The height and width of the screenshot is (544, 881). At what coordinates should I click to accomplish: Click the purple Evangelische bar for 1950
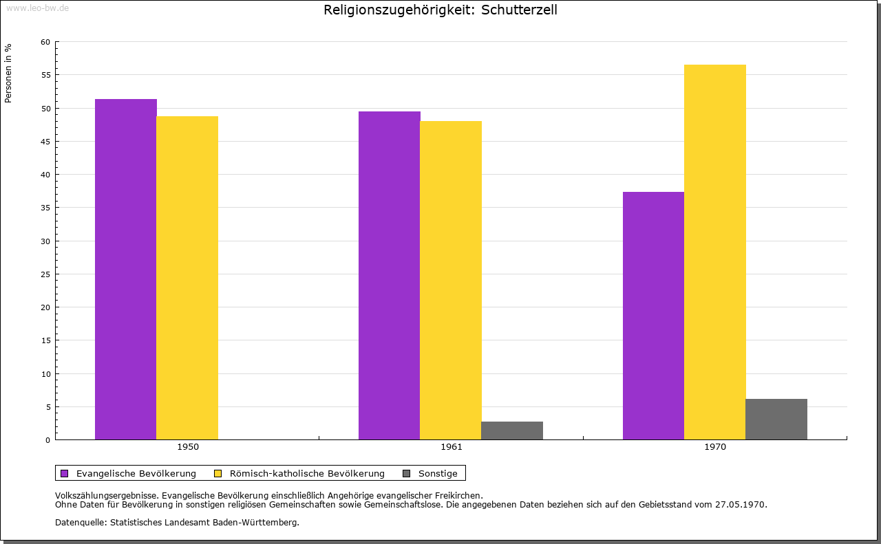(x=126, y=269)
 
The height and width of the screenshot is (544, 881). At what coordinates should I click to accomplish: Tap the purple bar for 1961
(x=390, y=275)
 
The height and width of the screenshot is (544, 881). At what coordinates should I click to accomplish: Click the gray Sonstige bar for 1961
(x=512, y=431)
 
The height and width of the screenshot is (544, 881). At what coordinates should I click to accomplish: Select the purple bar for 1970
(x=653, y=316)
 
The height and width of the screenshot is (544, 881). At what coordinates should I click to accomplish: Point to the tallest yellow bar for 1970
(x=714, y=252)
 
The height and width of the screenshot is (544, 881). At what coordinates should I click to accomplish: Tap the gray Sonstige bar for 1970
(x=776, y=419)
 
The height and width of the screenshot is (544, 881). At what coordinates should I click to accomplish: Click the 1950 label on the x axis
(x=188, y=447)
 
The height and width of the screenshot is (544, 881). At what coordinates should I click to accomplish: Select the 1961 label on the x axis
(x=452, y=447)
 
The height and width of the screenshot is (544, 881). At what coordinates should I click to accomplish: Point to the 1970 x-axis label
(x=715, y=447)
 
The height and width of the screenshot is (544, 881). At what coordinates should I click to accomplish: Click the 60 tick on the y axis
(x=45, y=42)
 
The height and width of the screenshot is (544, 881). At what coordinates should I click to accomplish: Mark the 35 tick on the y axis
(x=45, y=208)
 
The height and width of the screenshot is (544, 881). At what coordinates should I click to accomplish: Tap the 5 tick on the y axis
(x=47, y=407)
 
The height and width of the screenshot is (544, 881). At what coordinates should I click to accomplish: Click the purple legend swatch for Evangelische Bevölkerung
(x=65, y=473)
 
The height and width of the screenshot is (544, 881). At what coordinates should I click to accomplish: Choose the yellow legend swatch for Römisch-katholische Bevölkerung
(x=217, y=473)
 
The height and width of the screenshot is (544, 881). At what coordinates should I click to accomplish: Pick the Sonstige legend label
(x=438, y=473)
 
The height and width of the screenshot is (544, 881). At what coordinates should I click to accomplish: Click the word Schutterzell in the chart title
(x=520, y=10)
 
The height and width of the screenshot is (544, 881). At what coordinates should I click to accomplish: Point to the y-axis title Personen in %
(x=8, y=73)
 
